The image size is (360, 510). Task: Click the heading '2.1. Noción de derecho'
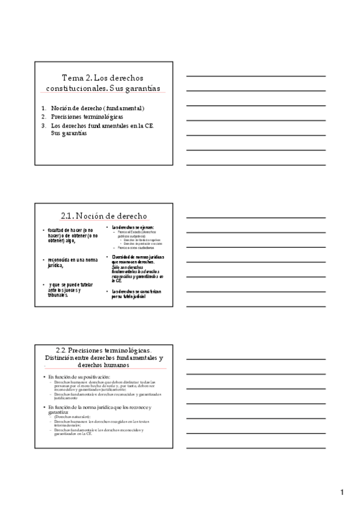pos(103,216)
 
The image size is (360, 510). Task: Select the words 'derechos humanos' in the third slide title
pos(103,364)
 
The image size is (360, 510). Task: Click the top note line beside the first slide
pos(255,76)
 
